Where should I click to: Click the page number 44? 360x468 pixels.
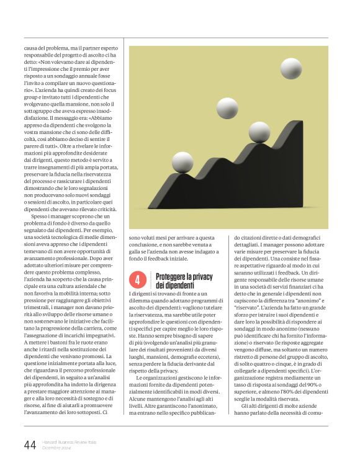pos(30,444)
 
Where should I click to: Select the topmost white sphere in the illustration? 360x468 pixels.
pos(290,68)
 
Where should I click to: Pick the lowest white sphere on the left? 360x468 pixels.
pos(182,162)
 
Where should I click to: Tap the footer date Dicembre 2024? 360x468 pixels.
pos(57,448)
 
